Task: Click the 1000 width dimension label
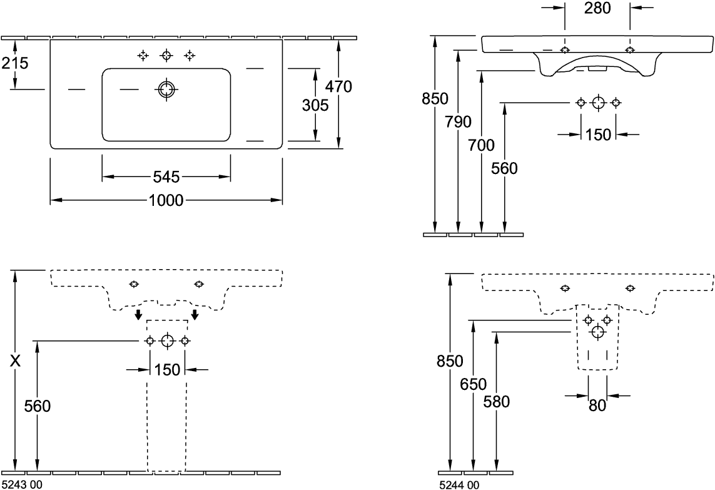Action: tap(166, 200)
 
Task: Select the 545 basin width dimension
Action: tap(166, 177)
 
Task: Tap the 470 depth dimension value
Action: tap(338, 87)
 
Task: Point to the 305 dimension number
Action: tap(315, 106)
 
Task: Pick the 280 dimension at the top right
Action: tap(597, 8)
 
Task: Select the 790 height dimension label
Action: tap(459, 122)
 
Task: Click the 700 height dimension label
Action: tap(482, 145)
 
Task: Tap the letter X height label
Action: tap(16, 361)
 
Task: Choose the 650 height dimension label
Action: tap(473, 384)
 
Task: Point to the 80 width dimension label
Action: tap(597, 406)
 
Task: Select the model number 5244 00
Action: tap(459, 484)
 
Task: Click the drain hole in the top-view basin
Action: tap(166, 89)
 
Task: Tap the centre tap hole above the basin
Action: tap(166, 56)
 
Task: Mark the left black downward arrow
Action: tap(139, 313)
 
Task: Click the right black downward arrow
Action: tap(195, 313)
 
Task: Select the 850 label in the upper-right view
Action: tap(435, 99)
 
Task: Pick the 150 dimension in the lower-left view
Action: tap(167, 369)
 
